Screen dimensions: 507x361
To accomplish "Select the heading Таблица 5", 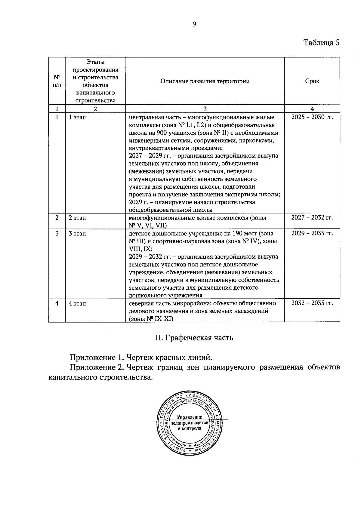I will click(x=321, y=42).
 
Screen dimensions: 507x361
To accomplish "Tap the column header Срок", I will click(x=312, y=81).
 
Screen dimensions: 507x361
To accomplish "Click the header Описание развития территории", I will click(x=205, y=81).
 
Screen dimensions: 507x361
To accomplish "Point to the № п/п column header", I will click(x=57, y=81).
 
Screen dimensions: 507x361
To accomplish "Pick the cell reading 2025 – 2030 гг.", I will click(x=312, y=117).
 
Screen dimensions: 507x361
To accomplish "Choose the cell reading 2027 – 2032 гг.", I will click(x=312, y=217).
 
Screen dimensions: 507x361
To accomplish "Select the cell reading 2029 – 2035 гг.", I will click(x=312, y=233).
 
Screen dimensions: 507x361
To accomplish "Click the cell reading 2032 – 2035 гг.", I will click(x=312, y=303).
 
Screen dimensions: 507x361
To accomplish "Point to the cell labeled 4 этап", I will click(x=77, y=303).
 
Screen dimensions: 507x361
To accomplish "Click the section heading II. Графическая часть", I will click(x=194, y=338).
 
